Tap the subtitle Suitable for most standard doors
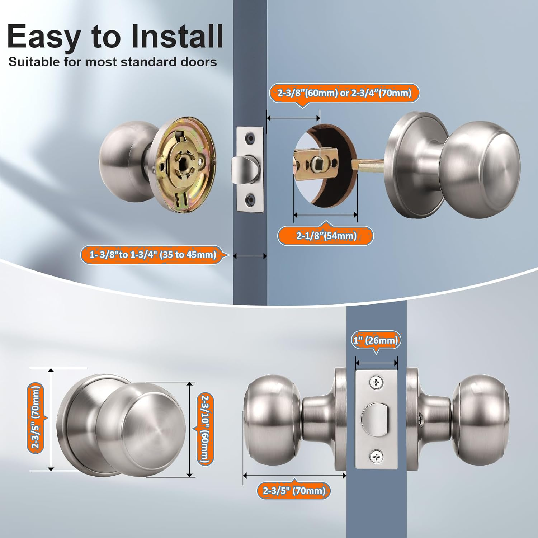(113, 62)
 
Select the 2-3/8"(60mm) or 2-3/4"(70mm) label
(344, 93)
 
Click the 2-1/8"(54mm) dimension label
(326, 236)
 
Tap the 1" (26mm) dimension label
(376, 340)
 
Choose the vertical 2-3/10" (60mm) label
(205, 429)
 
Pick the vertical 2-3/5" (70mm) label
(36, 418)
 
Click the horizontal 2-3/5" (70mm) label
(294, 490)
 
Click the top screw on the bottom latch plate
(376, 383)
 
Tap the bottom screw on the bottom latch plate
(376, 457)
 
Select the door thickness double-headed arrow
(250, 256)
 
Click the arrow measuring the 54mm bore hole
(325, 215)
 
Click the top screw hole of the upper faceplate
(250, 137)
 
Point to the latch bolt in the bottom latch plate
(374, 420)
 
